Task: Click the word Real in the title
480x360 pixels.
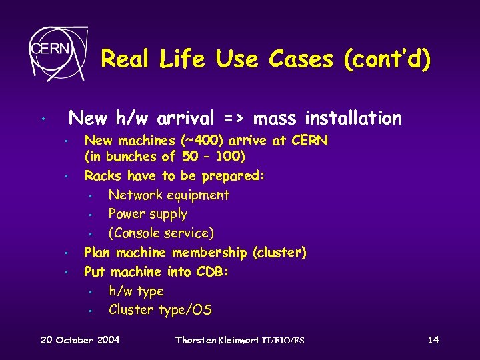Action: click(x=127, y=60)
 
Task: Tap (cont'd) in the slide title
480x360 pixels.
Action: click(x=387, y=60)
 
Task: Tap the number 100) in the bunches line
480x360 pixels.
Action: click(x=231, y=157)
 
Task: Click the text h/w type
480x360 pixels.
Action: click(x=136, y=291)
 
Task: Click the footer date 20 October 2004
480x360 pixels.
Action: click(x=80, y=340)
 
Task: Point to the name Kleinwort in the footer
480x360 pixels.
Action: click(x=239, y=340)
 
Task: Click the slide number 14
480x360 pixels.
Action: click(x=433, y=340)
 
